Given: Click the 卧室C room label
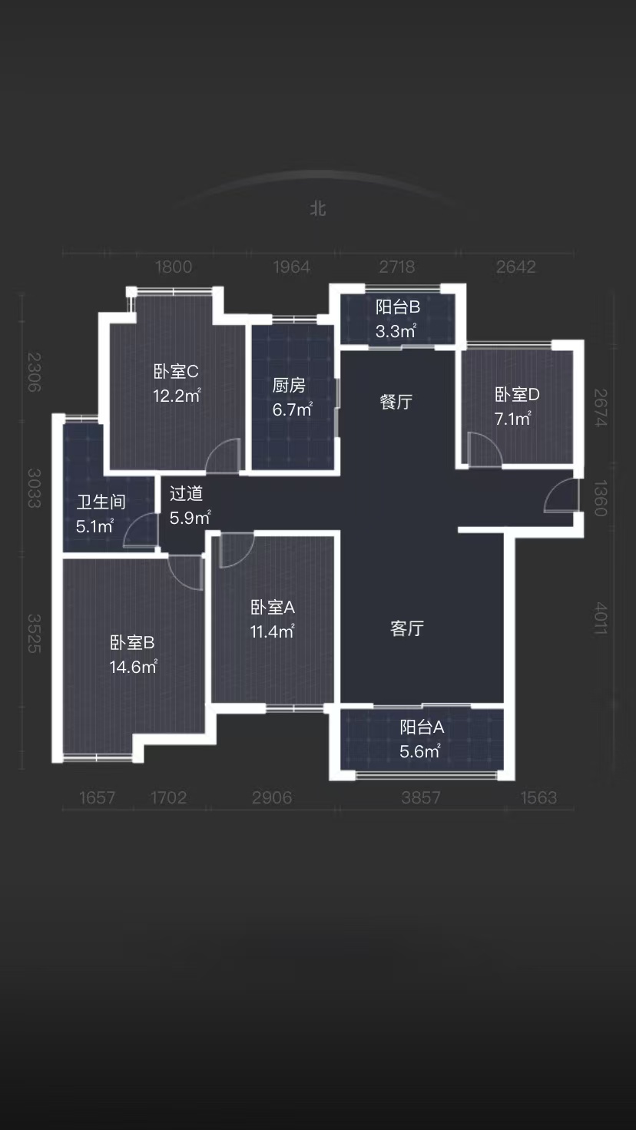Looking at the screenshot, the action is pos(176,372).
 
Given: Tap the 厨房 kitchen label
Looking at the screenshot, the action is pos(289,386).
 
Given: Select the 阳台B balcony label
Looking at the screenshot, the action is pos(397,307).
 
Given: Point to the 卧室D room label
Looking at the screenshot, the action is pos(517,395).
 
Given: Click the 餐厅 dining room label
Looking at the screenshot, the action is pos(396,402).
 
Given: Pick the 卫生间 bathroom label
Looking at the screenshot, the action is pos(101,502).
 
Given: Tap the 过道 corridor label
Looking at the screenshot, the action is pos(186,493).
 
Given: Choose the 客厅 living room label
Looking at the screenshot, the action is pos(407,628).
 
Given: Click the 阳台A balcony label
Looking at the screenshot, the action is pos(422,727).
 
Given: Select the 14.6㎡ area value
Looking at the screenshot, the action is pos(134,667).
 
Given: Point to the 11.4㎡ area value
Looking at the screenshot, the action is pos(273,631).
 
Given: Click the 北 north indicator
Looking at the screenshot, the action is pos(318,209).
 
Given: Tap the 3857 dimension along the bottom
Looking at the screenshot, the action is pos(421,797).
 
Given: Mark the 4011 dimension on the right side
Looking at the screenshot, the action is pos(600,618).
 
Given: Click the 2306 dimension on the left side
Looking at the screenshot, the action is pos(33,373).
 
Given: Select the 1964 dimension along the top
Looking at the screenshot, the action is pos(292,267).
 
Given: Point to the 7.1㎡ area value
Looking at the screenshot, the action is pos(512,419).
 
